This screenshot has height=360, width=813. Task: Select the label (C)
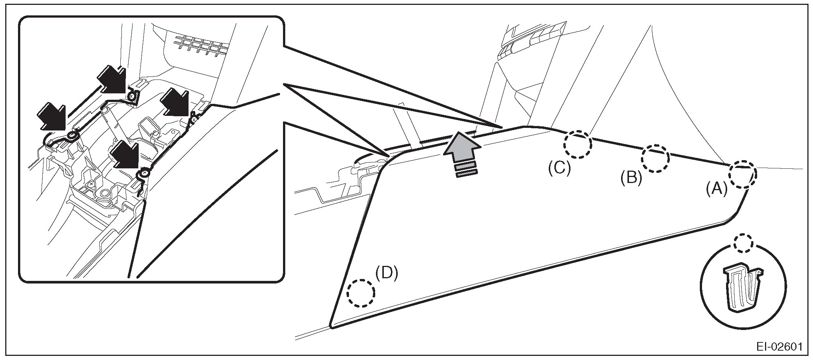[559, 168]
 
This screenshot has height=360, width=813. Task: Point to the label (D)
[387, 273]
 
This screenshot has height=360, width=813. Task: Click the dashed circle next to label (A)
[743, 174]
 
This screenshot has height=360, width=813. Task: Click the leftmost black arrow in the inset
[52, 116]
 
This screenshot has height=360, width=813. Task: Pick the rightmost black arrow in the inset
[175, 102]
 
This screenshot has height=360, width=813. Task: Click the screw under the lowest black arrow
[144, 173]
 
